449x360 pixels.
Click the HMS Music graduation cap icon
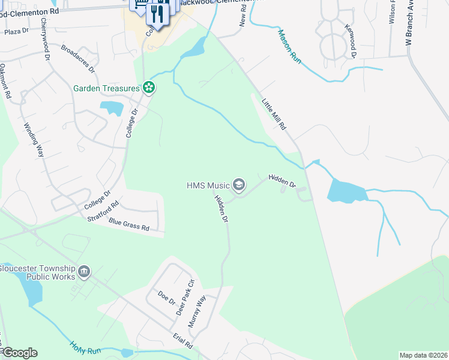pyautogui.click(x=239, y=185)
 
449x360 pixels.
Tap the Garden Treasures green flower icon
pyautogui.click(x=149, y=89)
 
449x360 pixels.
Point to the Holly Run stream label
pyautogui.click(x=82, y=349)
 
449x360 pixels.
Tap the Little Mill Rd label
pyautogui.click(x=274, y=114)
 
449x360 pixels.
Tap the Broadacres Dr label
pyautogui.click(x=79, y=58)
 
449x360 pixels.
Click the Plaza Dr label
pyautogui.click(x=17, y=31)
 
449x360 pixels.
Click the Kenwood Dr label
pyautogui.click(x=351, y=40)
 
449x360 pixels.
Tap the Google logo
pyautogui.click(x=20, y=353)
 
